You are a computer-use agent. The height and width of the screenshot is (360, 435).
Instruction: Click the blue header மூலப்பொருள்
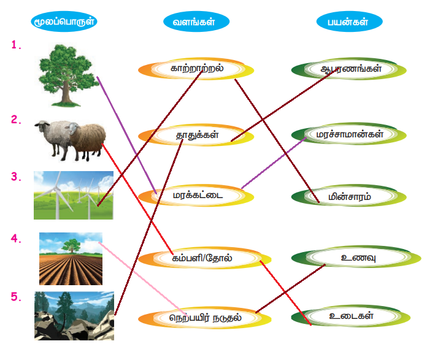click(x=64, y=21)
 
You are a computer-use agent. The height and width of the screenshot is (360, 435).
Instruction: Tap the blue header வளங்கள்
click(x=196, y=21)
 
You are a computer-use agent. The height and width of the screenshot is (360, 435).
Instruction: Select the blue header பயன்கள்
click(x=349, y=21)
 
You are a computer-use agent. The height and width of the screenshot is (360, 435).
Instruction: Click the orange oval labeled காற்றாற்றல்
click(x=196, y=69)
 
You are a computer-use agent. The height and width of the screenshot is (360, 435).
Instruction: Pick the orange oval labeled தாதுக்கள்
click(x=196, y=135)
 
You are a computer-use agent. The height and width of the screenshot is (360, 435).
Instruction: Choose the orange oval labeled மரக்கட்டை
click(x=196, y=196)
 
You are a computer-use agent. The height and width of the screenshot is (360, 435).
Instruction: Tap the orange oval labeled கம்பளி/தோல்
click(x=204, y=258)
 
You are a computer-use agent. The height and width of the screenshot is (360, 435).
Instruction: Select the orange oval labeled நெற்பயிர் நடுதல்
click(x=204, y=318)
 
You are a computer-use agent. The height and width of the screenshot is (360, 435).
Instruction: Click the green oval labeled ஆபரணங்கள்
click(x=348, y=69)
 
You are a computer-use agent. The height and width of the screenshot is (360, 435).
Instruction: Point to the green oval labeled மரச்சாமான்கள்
click(x=348, y=134)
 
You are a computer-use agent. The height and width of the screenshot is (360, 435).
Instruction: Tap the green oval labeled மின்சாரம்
click(x=348, y=196)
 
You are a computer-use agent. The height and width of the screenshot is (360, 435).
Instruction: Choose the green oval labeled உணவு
click(x=356, y=257)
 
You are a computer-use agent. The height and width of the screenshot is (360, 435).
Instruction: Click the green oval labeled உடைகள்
click(x=351, y=316)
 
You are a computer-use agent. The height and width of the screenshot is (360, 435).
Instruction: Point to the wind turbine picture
click(x=74, y=195)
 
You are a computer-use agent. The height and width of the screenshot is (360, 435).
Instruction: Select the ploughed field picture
click(x=71, y=259)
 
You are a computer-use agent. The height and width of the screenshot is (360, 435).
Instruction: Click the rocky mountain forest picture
click(x=74, y=316)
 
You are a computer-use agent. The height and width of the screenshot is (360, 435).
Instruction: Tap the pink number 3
click(x=16, y=177)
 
